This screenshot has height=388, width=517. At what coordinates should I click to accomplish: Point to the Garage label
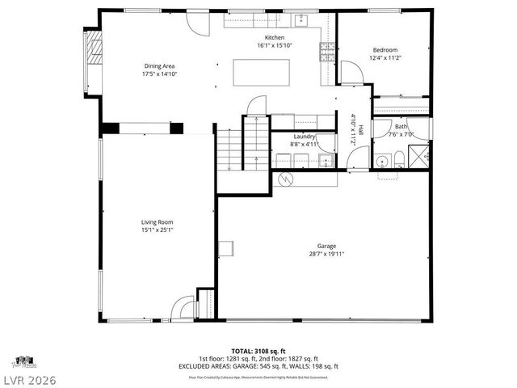[x=326, y=246]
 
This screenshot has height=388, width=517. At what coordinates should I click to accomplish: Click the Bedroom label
[x=385, y=50]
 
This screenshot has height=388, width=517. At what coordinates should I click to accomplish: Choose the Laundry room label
[x=305, y=137]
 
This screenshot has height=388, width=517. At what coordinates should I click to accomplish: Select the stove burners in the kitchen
[x=328, y=53]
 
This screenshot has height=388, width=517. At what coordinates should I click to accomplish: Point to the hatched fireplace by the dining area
[x=95, y=49]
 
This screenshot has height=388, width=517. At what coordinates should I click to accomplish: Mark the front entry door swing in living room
[x=183, y=308]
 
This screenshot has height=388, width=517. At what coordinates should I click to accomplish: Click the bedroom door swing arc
[x=351, y=74]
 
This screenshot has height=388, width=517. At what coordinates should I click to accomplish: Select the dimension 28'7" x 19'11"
[x=326, y=254]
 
